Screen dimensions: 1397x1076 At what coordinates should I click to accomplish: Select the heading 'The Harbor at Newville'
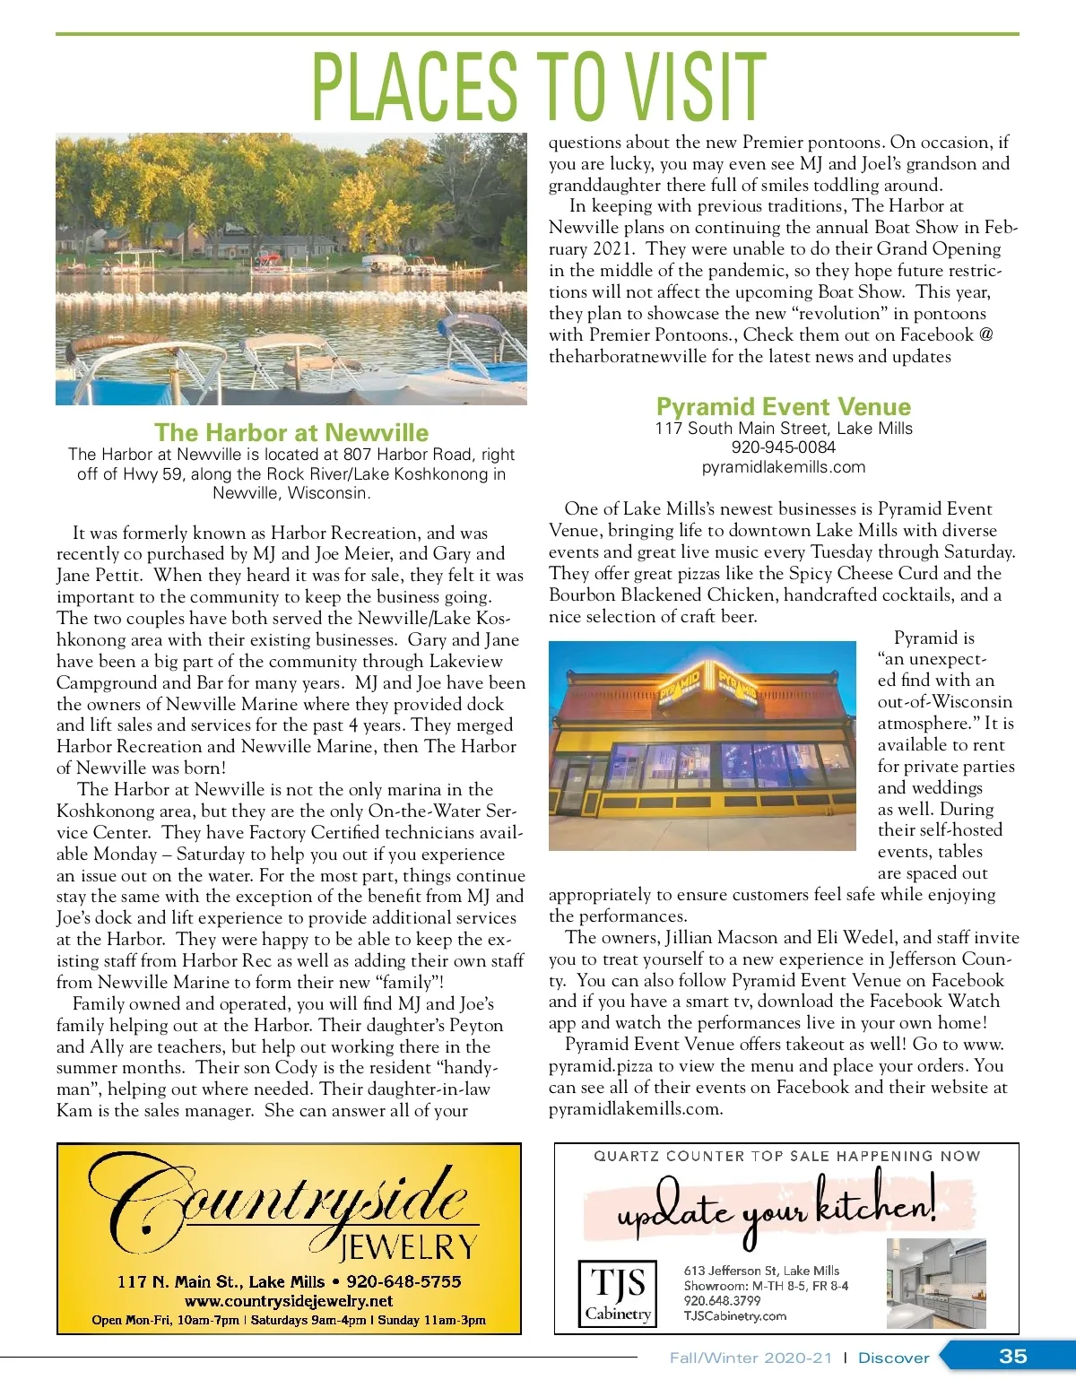point(291,432)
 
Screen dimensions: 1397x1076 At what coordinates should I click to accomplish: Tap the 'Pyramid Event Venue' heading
point(783,406)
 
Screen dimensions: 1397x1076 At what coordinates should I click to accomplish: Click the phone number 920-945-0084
point(783,447)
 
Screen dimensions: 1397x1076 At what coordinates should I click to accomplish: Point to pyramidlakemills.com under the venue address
point(783,466)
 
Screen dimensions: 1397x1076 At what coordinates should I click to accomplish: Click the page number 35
point(1012,1356)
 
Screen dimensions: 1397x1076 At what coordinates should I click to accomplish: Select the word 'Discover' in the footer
point(893,1358)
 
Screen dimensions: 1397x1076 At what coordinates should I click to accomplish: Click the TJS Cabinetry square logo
point(618,1292)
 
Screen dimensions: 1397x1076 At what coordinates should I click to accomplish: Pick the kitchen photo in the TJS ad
point(935,1283)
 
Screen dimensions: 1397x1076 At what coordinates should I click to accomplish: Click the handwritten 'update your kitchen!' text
point(776,1207)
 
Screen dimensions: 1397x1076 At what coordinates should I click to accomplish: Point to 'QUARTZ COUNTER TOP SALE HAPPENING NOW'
point(786,1156)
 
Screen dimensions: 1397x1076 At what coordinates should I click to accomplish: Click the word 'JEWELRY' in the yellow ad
point(408,1246)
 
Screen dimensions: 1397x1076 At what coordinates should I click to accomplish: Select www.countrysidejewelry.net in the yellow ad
point(289,1300)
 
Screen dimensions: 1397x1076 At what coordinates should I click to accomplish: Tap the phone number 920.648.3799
point(722,1300)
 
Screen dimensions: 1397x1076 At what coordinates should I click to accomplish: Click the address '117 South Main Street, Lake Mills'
point(783,428)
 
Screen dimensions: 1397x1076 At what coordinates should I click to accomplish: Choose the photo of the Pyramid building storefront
point(702,745)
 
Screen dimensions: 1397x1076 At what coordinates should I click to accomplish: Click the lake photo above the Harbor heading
point(291,269)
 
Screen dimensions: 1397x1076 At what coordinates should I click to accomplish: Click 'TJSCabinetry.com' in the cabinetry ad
point(734,1315)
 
